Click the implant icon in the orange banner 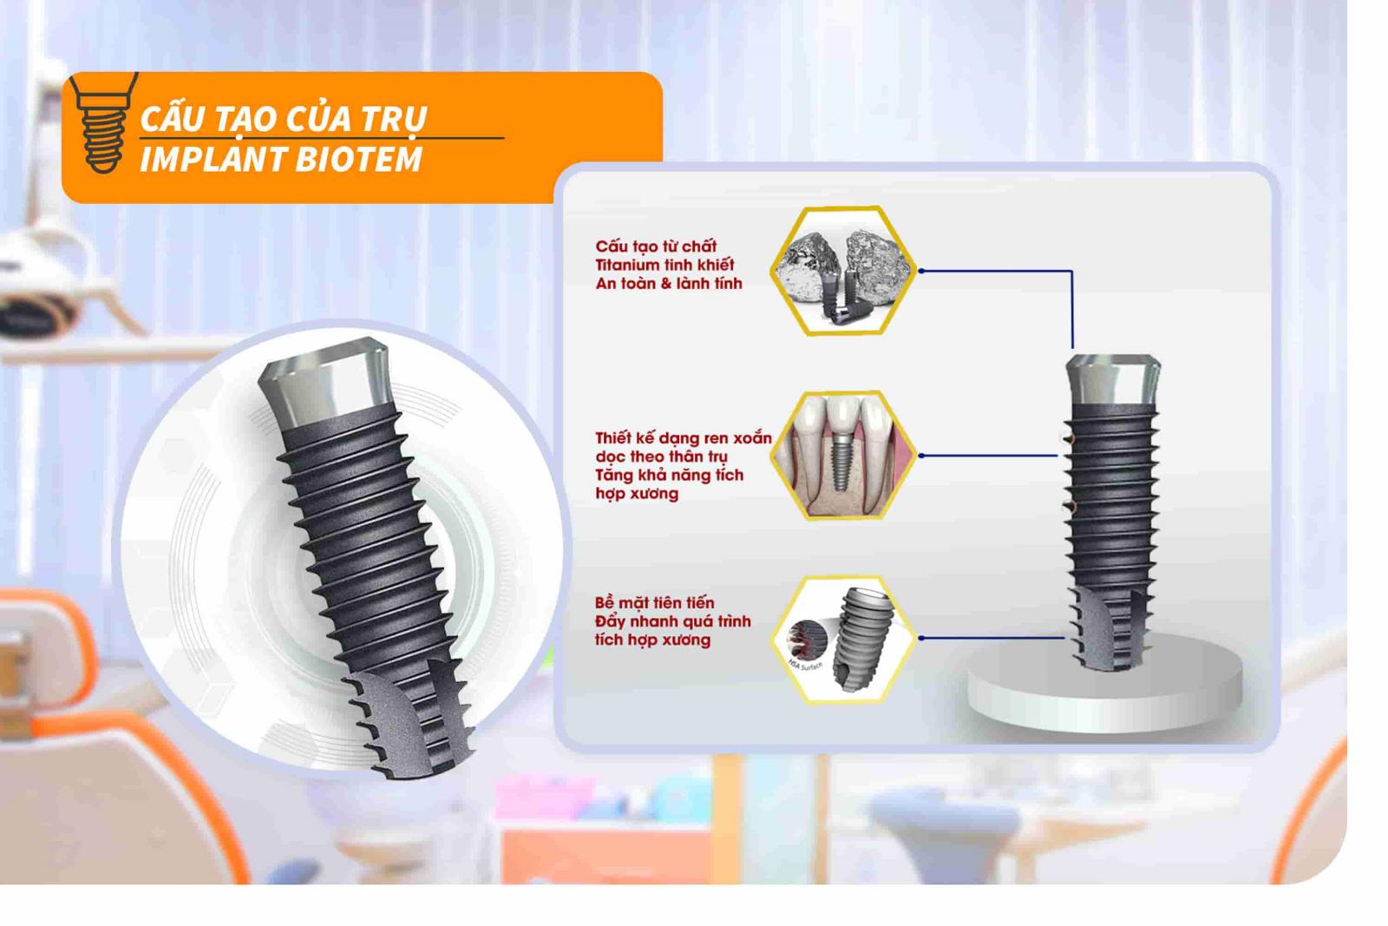pos(103,122)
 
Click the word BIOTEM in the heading pos(359,160)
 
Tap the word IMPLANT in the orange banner pos(213,160)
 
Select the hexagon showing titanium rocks pos(843,271)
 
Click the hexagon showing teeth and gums pos(843,456)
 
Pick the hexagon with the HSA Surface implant pos(843,639)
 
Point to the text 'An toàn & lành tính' pos(669,284)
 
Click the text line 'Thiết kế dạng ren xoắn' pos(684,438)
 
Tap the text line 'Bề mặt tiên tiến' pos(654,603)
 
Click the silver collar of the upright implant pos(1113,380)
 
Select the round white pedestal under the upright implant pos(1105,682)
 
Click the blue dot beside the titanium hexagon pos(921,271)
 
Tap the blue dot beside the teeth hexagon pos(921,456)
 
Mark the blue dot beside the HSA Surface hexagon pos(921,638)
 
